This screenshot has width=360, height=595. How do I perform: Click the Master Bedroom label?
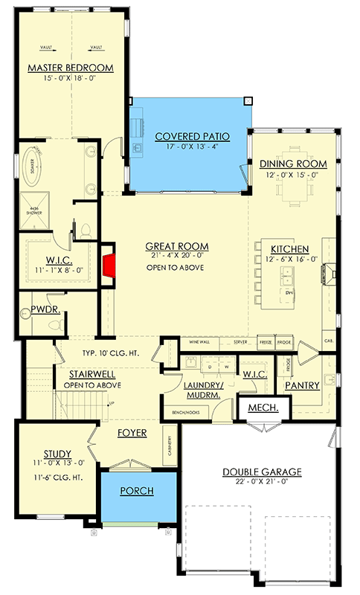pyautogui.click(x=71, y=68)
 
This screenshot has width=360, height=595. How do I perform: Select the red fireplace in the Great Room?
pyautogui.click(x=109, y=263)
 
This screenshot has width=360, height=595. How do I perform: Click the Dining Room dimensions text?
pyautogui.click(x=293, y=175)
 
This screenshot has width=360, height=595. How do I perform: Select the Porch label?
pyautogui.click(x=138, y=491)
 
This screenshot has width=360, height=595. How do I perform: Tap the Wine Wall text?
pyautogui.click(x=199, y=343)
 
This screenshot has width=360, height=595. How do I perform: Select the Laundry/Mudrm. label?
pyautogui.click(x=204, y=390)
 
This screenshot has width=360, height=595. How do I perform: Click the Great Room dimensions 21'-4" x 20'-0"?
pyautogui.click(x=176, y=257)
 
